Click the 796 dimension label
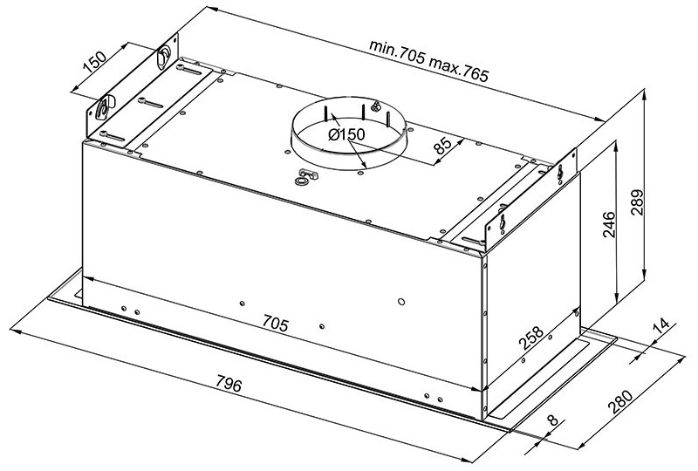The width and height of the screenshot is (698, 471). [229, 383]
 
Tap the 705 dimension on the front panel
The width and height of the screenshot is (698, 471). [275, 323]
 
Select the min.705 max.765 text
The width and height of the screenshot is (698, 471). [428, 61]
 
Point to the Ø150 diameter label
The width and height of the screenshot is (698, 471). [346, 134]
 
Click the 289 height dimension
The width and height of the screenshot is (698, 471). [638, 202]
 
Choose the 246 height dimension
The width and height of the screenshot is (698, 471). [608, 225]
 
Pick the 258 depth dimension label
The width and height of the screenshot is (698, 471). [531, 338]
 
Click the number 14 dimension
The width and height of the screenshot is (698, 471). [661, 327]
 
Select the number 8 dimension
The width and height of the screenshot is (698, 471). [552, 420]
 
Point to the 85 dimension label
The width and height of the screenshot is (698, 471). [443, 145]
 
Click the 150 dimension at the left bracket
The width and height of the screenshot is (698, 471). [95, 61]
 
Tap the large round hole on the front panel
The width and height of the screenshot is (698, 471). [401, 302]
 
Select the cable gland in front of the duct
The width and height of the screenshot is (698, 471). [305, 176]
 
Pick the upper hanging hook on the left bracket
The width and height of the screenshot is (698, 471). [162, 56]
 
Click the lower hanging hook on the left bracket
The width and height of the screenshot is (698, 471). [104, 108]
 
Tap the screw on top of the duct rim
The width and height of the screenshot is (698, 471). [376, 106]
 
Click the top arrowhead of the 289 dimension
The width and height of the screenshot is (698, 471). [644, 95]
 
